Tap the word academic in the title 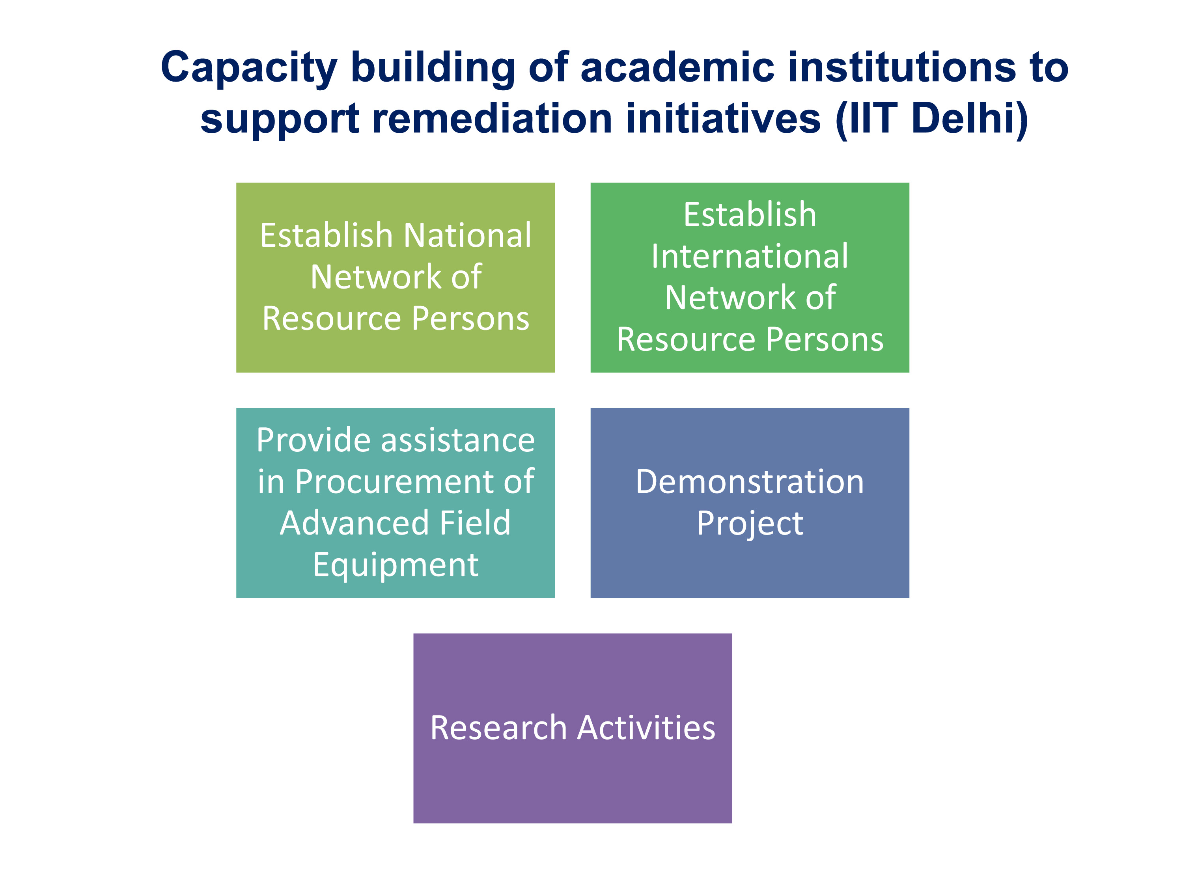[677, 67]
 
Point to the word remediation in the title [492, 118]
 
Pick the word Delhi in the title [968, 119]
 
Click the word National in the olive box [467, 235]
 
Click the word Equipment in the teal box [396, 566]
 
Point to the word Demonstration [749, 481]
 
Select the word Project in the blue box [749, 524]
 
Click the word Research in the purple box [498, 728]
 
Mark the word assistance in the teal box [458, 440]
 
